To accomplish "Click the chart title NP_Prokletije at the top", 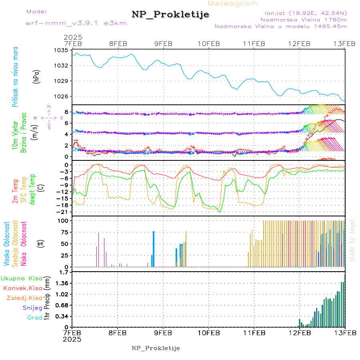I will point(170,15).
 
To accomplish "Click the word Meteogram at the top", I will point(233,4).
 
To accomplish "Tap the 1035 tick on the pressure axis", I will point(62,50).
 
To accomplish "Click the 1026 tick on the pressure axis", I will point(62,96).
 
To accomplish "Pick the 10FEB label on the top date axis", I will point(208,44).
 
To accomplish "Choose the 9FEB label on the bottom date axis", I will point(163,332).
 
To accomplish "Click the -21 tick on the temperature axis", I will point(64,212).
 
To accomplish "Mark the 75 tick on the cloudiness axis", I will point(65,232).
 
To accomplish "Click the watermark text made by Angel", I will point(352,240).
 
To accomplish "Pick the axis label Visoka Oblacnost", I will point(7,244).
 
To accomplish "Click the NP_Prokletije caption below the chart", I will point(156,348).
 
